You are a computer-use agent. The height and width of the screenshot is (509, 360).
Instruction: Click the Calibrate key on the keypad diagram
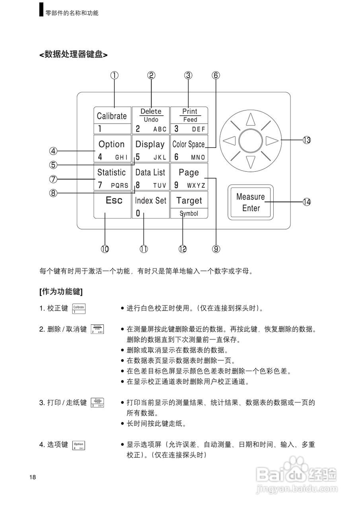112,120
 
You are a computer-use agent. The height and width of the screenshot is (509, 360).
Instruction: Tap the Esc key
113,204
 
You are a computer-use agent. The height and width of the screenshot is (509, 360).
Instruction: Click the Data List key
150,177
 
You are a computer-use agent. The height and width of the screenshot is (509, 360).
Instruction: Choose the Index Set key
150,204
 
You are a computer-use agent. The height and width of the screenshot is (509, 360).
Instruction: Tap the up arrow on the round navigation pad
250,119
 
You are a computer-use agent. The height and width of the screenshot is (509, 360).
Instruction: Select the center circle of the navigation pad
250,140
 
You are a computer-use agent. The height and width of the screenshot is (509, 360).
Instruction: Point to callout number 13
306,140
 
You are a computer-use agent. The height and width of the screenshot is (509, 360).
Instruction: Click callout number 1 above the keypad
115,75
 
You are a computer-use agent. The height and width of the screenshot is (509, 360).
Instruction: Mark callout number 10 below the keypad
105,249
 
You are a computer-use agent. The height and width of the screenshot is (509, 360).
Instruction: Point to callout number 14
306,202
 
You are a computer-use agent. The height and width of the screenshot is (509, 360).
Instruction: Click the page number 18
33,477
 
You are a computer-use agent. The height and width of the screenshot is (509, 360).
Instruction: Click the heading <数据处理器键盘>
73,54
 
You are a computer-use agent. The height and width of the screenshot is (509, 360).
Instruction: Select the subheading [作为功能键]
61,291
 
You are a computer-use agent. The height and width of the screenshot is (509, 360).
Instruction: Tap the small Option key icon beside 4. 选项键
79,445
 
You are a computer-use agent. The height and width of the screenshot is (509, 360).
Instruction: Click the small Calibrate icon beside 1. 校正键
79,309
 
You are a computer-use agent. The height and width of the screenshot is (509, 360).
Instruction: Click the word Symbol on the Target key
189,214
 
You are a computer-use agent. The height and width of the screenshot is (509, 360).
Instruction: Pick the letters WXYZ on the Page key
196,186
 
